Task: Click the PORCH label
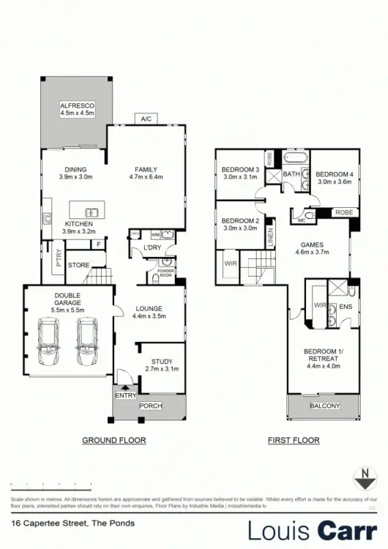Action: [x=150, y=406]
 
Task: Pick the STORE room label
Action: [x=78, y=264]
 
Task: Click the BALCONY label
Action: [x=325, y=406]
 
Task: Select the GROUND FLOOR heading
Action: [x=113, y=441]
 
